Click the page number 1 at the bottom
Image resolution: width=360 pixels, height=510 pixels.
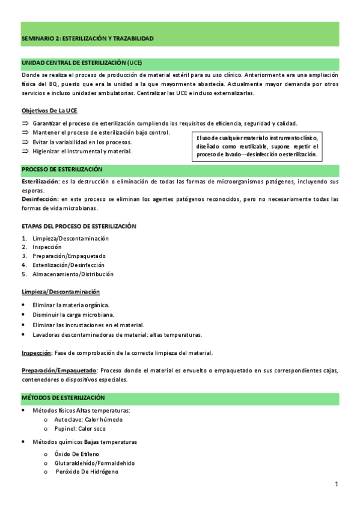click(x=337, y=485)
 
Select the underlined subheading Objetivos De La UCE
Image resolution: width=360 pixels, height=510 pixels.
click(x=49, y=111)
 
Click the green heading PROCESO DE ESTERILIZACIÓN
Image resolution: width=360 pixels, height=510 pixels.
click(x=62, y=170)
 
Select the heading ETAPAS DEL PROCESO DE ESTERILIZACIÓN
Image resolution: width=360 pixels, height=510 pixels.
click(x=79, y=226)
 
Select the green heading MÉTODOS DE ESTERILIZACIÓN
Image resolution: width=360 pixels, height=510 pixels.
click(x=63, y=398)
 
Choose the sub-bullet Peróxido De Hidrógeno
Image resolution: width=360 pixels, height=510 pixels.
click(x=87, y=472)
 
